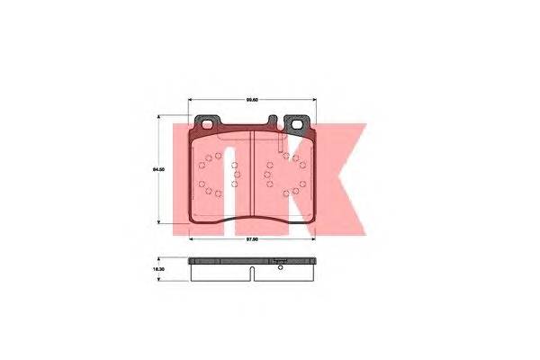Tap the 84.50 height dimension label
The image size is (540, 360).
(157, 169)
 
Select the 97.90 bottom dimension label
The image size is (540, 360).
(253, 238)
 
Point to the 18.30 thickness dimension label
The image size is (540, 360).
(157, 267)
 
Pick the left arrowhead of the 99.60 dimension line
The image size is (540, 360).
(190, 101)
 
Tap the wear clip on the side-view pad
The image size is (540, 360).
(279, 263)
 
